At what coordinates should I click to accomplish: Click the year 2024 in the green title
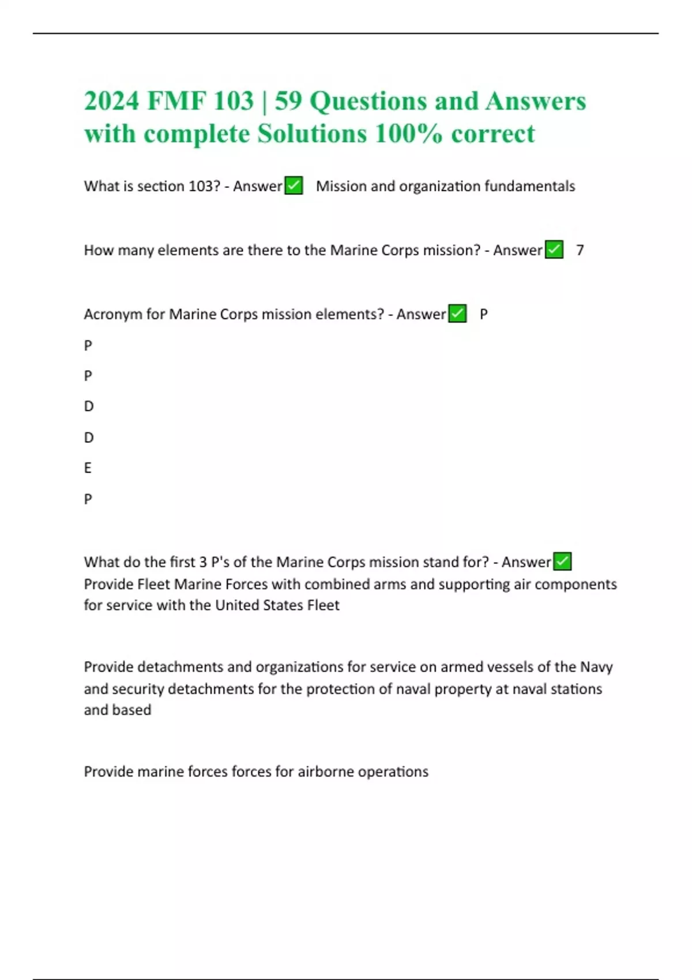click(111, 101)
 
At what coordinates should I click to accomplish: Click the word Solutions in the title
click(311, 134)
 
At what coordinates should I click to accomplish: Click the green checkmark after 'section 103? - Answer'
click(294, 186)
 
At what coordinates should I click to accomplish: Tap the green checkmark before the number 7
click(554, 250)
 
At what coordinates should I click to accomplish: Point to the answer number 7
click(580, 250)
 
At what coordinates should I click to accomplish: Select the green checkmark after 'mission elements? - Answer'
click(457, 314)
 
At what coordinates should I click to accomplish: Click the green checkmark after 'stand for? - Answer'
click(562, 561)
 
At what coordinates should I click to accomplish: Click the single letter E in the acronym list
click(88, 468)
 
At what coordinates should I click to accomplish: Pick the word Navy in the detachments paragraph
click(596, 667)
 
